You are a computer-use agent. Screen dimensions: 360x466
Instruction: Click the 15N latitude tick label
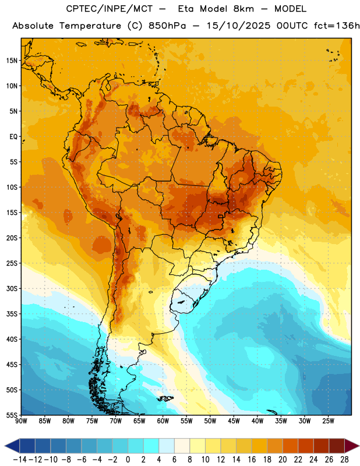(12, 61)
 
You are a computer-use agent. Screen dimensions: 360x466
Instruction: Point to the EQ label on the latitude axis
(13, 137)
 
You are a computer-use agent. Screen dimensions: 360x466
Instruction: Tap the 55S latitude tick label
(12, 415)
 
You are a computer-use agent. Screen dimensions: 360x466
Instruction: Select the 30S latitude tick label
(12, 288)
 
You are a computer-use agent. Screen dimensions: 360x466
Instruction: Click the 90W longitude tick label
(21, 421)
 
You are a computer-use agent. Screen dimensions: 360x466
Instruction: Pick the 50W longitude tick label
(210, 421)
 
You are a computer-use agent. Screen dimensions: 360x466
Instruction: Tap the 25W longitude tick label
(328, 421)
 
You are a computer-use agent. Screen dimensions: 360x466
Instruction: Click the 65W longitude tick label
(139, 421)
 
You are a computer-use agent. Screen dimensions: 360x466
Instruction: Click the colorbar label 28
(344, 460)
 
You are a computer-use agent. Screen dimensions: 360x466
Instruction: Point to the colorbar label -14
(20, 460)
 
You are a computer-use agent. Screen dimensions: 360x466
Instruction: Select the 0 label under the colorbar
(128, 460)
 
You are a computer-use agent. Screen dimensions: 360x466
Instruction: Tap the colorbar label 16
(252, 460)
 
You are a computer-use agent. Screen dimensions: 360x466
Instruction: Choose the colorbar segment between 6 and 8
(182, 446)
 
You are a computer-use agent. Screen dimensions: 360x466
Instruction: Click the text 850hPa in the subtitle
(167, 26)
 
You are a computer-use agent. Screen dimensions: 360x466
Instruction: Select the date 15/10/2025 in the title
(239, 26)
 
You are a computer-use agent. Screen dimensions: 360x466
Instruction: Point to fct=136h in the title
(337, 26)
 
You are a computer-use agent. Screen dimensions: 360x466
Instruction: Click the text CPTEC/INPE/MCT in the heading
(110, 9)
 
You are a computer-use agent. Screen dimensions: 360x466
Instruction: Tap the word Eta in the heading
(186, 9)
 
